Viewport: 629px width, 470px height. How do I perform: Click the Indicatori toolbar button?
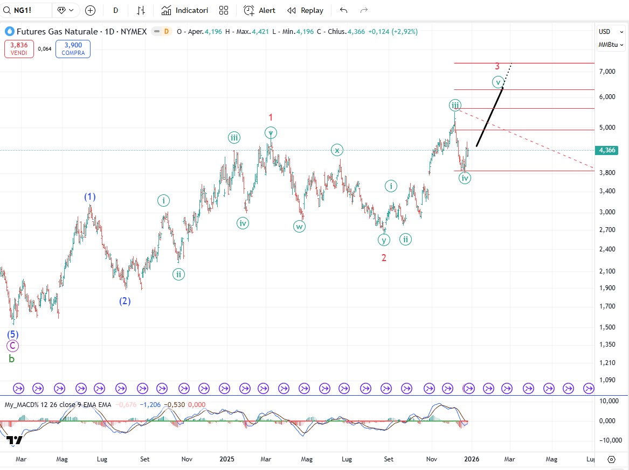pos(185,10)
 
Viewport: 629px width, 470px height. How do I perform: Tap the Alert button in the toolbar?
pos(259,10)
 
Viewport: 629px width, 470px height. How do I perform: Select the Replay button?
pos(306,10)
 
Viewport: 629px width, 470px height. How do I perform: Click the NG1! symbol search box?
pos(27,10)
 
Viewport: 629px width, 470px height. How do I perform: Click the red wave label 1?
pos(271,117)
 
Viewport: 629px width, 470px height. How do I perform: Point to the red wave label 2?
pos(384,258)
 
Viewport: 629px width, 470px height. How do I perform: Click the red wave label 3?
pos(497,66)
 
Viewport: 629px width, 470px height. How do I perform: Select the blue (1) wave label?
pos(89,197)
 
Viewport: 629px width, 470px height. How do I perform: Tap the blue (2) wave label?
pos(125,301)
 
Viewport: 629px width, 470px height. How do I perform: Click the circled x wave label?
pos(336,150)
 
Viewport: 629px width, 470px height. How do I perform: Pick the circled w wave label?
pos(300,227)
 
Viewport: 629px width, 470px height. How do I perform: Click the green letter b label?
pos(11,359)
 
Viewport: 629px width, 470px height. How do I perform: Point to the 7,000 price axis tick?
pos(608,72)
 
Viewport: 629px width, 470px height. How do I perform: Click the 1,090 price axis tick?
pos(608,380)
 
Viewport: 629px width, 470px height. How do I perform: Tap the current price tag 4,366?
pos(607,150)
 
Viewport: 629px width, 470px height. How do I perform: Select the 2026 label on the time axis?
pos(472,459)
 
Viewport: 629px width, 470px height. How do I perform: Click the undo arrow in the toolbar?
pos(343,10)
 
